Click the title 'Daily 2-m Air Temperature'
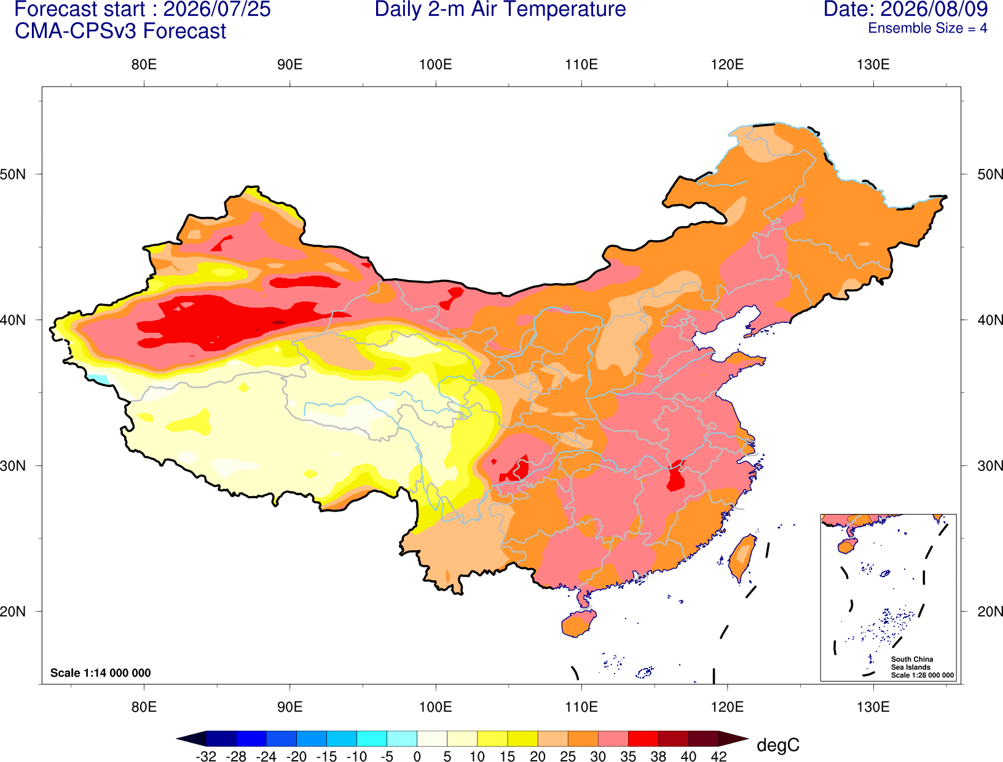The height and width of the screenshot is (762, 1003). coord(500,9)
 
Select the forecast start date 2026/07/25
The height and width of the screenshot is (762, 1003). coord(217,9)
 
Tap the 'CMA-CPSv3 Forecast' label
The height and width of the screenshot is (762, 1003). coord(120,31)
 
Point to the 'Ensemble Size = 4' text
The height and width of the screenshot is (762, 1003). coord(927,28)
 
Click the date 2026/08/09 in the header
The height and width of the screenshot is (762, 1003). coord(935,9)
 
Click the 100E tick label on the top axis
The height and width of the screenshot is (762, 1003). coord(436,64)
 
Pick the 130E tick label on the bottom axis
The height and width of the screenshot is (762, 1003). coord(873,707)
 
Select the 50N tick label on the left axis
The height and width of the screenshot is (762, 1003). coord(13,174)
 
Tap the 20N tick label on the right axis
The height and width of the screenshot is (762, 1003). coord(989,612)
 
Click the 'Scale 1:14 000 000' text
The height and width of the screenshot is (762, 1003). coord(101,673)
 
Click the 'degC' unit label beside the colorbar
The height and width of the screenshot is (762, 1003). coord(778,745)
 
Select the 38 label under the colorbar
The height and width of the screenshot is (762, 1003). coord(658,756)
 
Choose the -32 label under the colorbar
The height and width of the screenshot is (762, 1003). coord(206,756)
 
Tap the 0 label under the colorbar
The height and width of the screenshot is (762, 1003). coord(417,756)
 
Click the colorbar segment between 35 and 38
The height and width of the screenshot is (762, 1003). coord(643,739)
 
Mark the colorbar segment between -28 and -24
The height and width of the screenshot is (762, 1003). coord(251,739)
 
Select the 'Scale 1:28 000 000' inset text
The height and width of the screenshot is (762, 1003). coord(922,675)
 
